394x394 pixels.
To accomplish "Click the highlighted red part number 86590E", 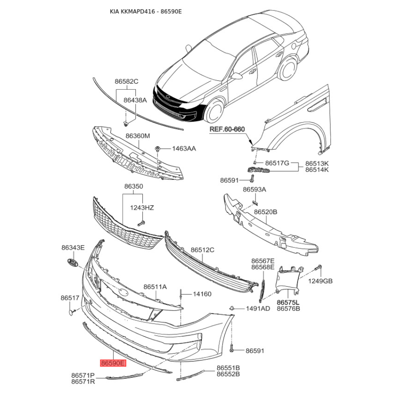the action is [113, 363].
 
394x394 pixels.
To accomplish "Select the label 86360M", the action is [138, 136].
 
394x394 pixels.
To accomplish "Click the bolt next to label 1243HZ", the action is [141, 223].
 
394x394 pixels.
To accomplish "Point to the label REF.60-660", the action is [227, 129].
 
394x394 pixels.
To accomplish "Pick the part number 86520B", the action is [265, 212].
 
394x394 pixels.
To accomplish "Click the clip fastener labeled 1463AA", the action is [158, 149].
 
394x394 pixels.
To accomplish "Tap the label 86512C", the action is [202, 250].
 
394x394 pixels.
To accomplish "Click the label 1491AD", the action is [258, 309].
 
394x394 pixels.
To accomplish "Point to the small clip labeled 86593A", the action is [255, 202].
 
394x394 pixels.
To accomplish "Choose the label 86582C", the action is [127, 81].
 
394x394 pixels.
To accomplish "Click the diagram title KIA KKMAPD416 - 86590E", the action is [146, 11].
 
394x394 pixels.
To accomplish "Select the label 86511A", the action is [155, 287].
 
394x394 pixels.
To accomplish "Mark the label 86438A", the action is [135, 100].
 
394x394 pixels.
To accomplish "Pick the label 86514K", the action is [317, 169].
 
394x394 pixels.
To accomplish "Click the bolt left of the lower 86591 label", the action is [231, 348].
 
